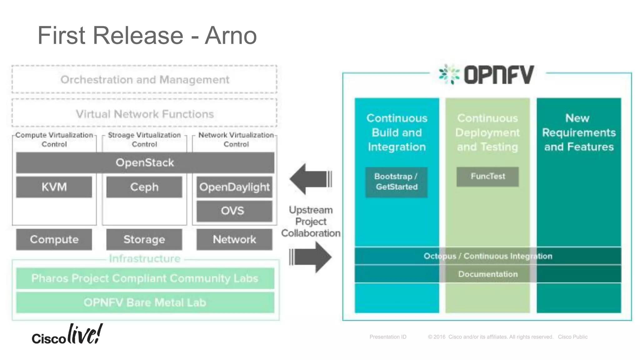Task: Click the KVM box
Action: click(x=54, y=187)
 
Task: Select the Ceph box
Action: click(x=144, y=187)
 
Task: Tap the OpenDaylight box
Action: click(x=234, y=187)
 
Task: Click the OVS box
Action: click(x=234, y=211)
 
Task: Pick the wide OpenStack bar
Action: click(x=145, y=162)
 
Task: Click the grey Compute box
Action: click(x=54, y=239)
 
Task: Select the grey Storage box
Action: click(x=144, y=239)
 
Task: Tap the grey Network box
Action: click(x=234, y=239)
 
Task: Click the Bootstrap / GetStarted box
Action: click(x=396, y=182)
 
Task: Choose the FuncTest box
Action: click(x=487, y=177)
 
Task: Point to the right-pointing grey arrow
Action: click(x=311, y=257)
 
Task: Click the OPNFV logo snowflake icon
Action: click(x=449, y=74)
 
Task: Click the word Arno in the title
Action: click(x=231, y=36)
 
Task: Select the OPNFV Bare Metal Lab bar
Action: click(x=145, y=302)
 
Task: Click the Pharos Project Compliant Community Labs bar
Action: click(x=145, y=278)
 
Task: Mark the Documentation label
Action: click(x=488, y=274)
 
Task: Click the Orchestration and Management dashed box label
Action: click(x=145, y=80)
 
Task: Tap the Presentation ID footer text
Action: click(x=388, y=337)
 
